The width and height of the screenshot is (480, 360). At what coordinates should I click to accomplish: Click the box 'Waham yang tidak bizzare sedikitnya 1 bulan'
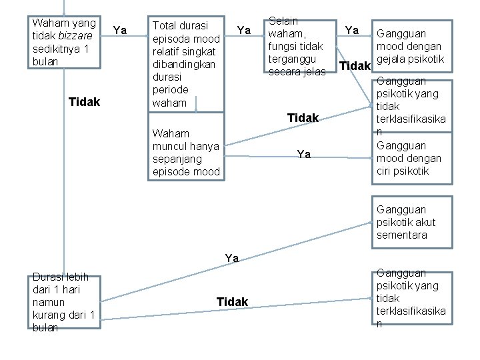pos(65,42)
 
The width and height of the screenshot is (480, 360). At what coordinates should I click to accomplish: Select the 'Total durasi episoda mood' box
pos(186,64)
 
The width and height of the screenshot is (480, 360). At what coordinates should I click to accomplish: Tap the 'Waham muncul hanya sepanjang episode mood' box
pos(186,153)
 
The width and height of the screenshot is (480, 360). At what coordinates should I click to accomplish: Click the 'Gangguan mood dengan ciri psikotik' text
pos(409,159)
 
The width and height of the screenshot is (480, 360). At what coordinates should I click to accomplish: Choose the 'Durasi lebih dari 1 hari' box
pos(65,301)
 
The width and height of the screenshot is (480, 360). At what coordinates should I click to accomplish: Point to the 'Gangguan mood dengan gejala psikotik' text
pos(409,47)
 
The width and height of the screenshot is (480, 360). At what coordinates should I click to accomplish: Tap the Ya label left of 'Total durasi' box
pos(120,29)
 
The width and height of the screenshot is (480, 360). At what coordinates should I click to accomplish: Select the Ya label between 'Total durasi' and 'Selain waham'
pos(244,30)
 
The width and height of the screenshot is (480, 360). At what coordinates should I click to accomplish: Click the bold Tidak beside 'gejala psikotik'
pos(355,66)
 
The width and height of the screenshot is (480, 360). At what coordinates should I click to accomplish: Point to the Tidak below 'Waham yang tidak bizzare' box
pos(85,102)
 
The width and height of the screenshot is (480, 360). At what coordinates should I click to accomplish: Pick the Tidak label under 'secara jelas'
pos(303,118)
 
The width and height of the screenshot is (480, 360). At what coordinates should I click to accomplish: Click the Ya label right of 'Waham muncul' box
pos(303,154)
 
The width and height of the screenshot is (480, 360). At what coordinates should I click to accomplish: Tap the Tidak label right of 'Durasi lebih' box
pos(232,302)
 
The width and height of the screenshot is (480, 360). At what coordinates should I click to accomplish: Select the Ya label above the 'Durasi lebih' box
pos(231,258)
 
